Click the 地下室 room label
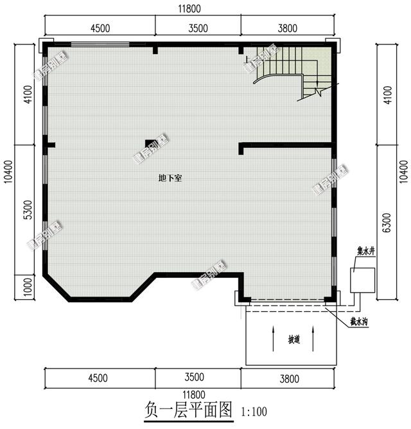tap(170, 178)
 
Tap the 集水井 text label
tap(366, 251)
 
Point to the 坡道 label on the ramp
tap(293, 339)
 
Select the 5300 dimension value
tap(26, 210)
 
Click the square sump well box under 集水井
tap(362, 280)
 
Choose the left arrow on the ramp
tap(274, 338)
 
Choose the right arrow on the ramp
tap(313, 338)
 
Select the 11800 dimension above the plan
tap(189, 8)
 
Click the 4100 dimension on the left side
tap(26, 95)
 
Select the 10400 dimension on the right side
tap(402, 172)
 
